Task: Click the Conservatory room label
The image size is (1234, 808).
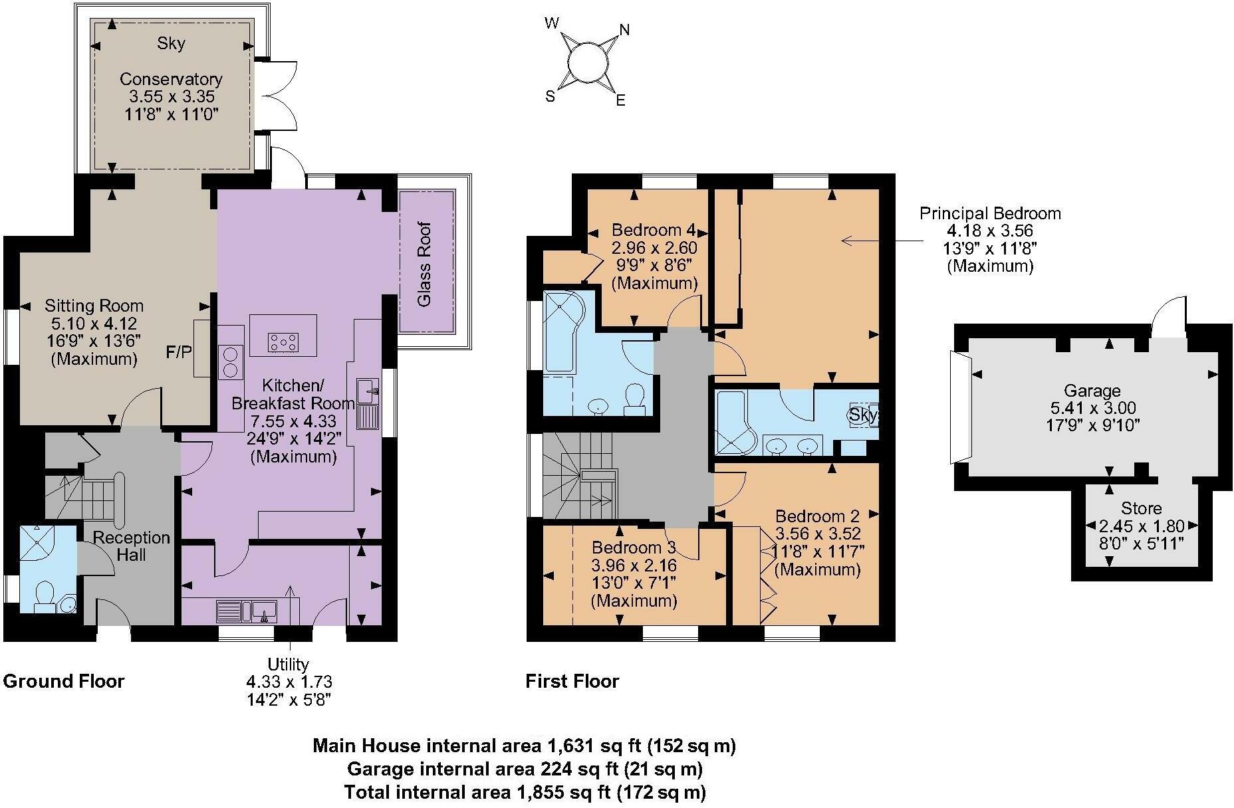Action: coord(171,79)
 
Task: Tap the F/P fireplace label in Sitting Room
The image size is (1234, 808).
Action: coord(178,352)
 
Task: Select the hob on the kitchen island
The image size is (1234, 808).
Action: coord(283,342)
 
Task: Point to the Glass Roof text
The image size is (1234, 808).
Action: coord(424,264)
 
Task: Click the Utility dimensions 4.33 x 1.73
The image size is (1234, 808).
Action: coord(289,682)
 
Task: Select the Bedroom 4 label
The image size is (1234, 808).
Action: coord(654,231)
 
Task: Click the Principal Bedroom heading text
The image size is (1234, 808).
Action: coord(989,214)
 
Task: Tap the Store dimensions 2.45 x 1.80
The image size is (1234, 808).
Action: coord(1142,526)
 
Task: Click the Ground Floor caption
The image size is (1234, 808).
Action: coord(64,681)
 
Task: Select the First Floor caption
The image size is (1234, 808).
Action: coord(572,681)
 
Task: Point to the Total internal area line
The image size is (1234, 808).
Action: coord(525,792)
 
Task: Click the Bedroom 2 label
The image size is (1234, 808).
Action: coord(817,516)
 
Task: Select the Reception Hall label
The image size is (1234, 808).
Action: coord(131,546)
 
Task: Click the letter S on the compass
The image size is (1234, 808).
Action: coord(550,96)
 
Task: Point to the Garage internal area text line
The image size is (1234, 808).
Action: coord(525,769)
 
